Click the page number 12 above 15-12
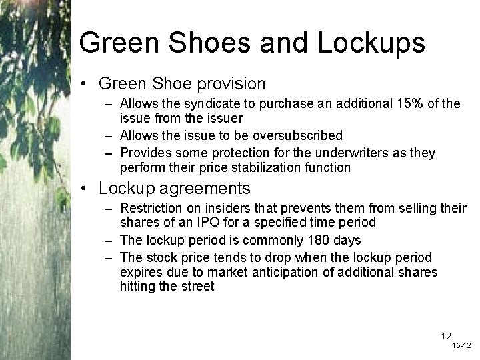tap(445, 336)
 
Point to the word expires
tap(141, 271)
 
